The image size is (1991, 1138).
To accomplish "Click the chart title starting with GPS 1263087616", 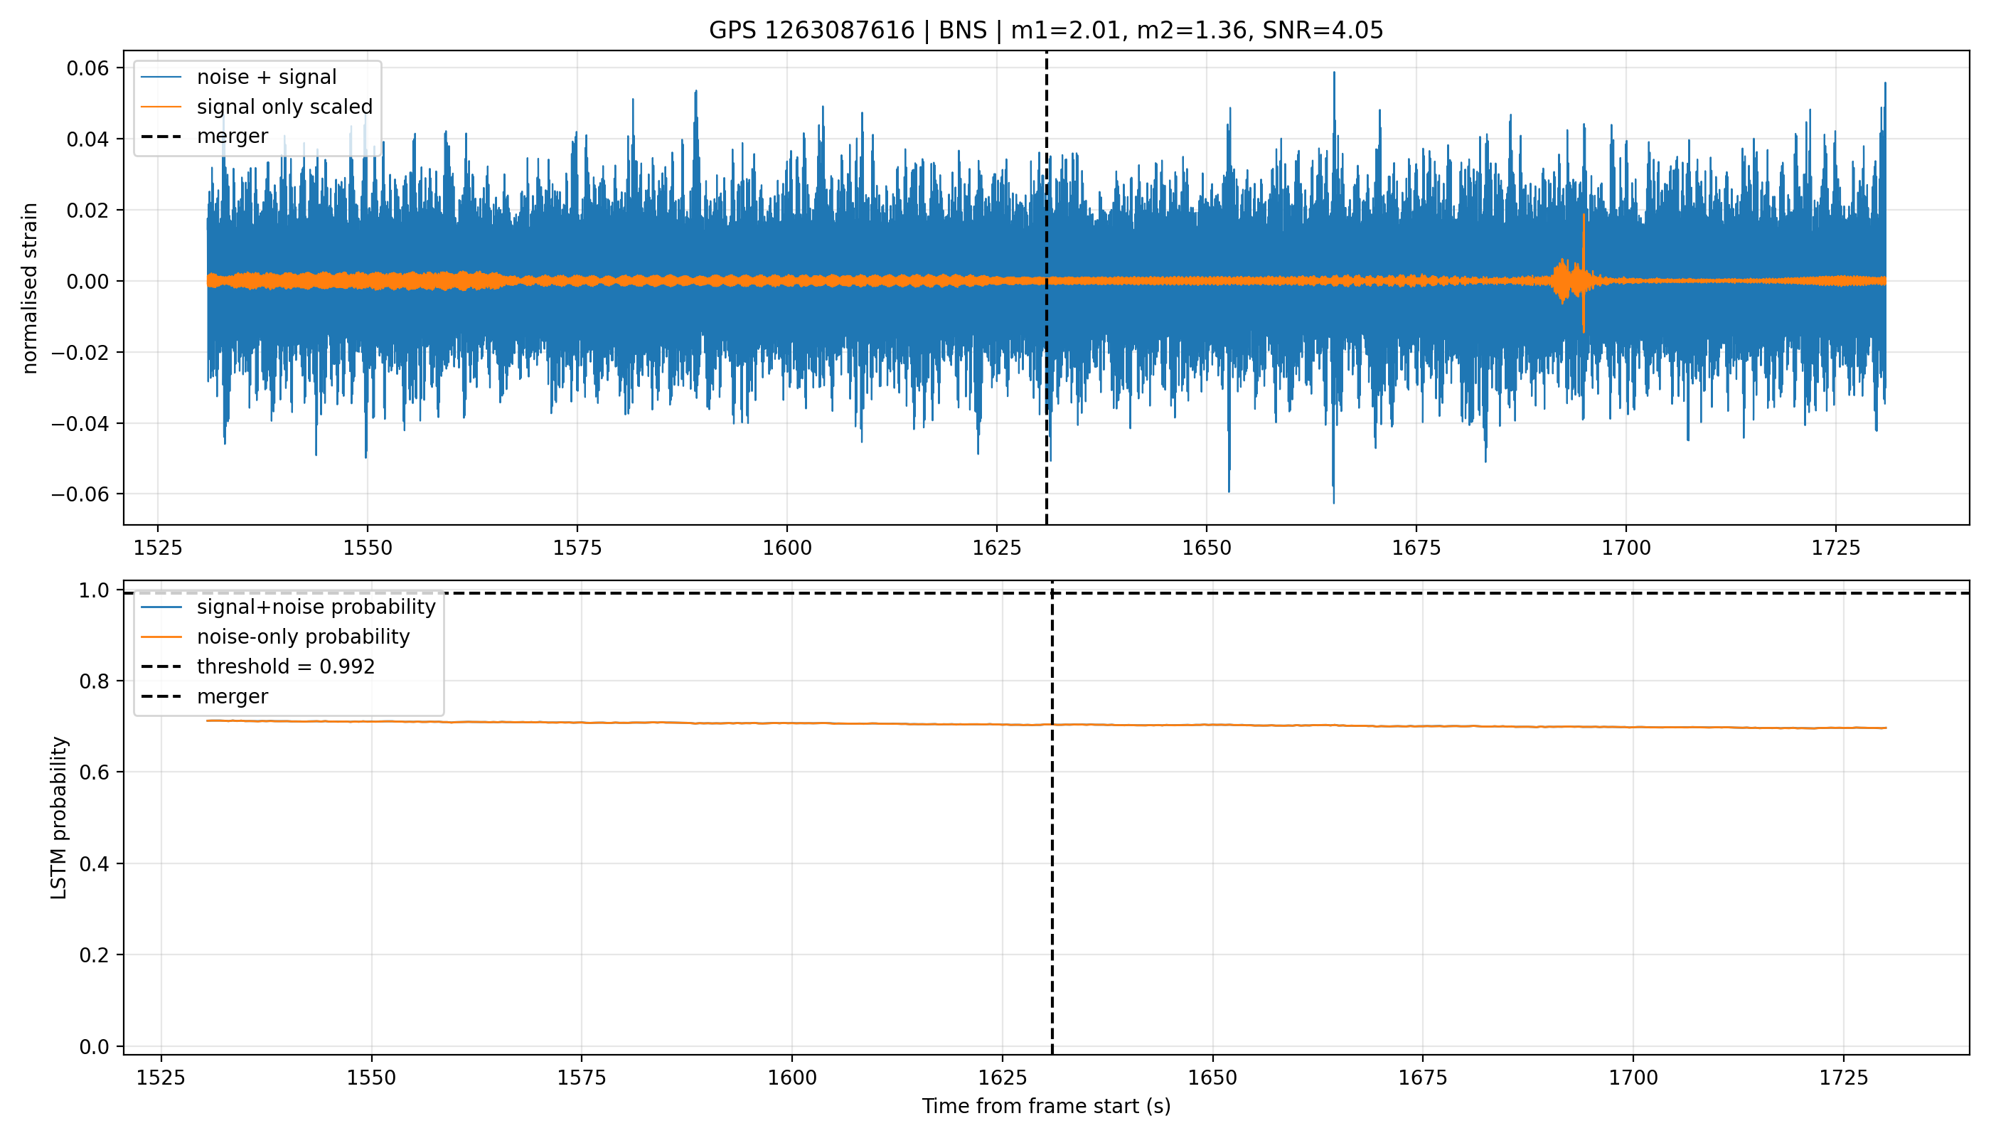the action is (x=1045, y=31).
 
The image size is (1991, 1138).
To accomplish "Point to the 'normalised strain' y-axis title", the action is (x=30, y=288).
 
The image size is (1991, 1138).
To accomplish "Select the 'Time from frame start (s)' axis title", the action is (x=1045, y=1106).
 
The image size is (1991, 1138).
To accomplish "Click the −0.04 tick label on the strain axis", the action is (x=82, y=424).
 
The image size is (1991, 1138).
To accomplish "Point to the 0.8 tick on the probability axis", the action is (x=97, y=681).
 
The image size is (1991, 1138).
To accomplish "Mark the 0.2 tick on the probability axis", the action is (x=97, y=955).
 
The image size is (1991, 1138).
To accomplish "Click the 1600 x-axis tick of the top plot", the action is (x=787, y=548).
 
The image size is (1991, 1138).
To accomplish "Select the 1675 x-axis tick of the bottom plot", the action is (x=1422, y=1078).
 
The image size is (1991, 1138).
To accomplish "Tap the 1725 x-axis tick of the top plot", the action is (x=1836, y=548).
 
